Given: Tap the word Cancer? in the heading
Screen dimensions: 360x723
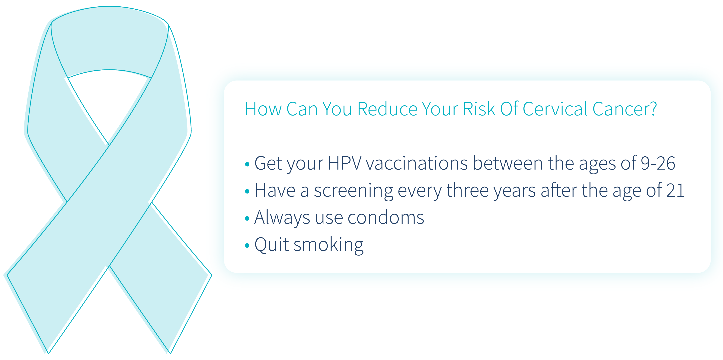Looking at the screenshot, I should click(x=625, y=109).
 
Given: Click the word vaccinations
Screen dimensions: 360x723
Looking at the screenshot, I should click(x=417, y=163).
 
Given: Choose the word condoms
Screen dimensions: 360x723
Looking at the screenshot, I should click(x=386, y=218).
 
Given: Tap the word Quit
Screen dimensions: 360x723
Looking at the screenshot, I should click(x=271, y=244).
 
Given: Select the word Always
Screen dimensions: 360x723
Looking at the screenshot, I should click(x=282, y=218).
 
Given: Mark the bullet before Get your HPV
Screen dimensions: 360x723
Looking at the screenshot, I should click(x=247, y=164).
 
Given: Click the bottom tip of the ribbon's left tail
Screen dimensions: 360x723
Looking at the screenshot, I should click(x=48, y=352).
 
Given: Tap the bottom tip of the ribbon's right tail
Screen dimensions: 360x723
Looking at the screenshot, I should click(x=170, y=352).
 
